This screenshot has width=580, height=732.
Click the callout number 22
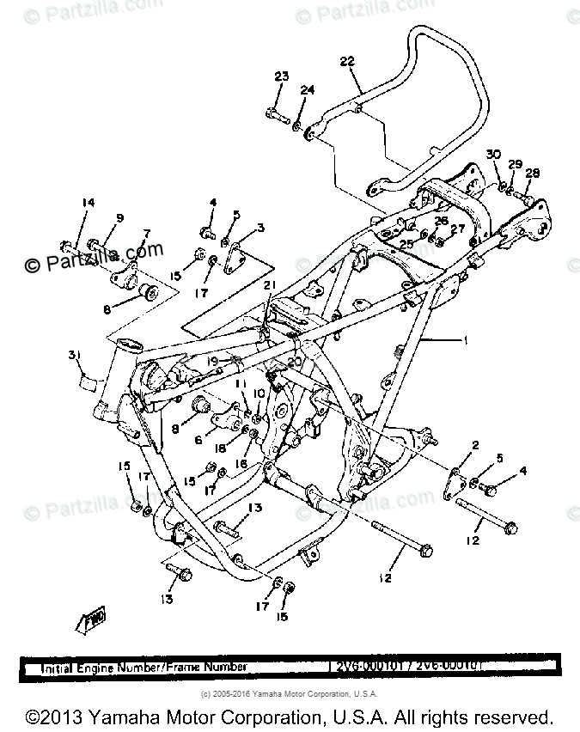coord(346,61)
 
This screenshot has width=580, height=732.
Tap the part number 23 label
coord(282,77)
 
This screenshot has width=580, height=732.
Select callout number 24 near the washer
coord(308,90)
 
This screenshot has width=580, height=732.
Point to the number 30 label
coord(492,154)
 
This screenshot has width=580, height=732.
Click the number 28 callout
coord(533,174)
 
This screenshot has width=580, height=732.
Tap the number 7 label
coord(146,233)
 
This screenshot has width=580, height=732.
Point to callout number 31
coord(75,356)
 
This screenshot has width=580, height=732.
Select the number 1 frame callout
coord(467,341)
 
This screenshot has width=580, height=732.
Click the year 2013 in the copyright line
coord(61,717)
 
